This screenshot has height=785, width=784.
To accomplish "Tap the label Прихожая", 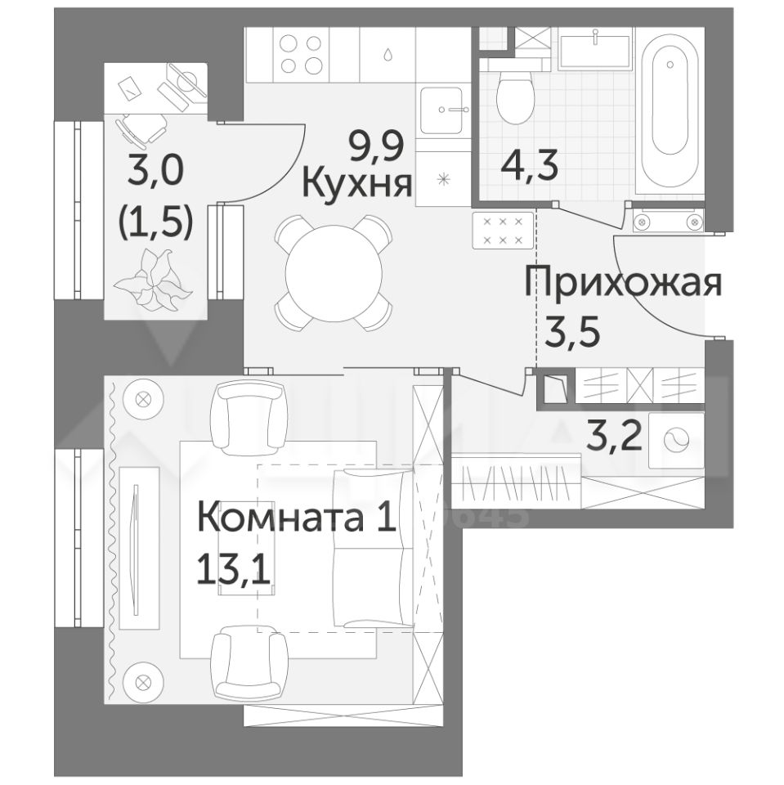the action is click(623, 284).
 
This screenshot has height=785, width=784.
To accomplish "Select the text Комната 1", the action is click(298, 518).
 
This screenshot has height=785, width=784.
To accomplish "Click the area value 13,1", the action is click(234, 570).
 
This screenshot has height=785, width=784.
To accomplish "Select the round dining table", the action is click(334, 273).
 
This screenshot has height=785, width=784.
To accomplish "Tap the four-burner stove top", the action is click(300, 55).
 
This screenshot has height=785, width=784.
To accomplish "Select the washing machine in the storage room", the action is click(676, 441).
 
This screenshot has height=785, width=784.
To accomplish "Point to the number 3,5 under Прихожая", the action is click(572, 329).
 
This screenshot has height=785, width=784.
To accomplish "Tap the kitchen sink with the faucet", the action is click(441, 110).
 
